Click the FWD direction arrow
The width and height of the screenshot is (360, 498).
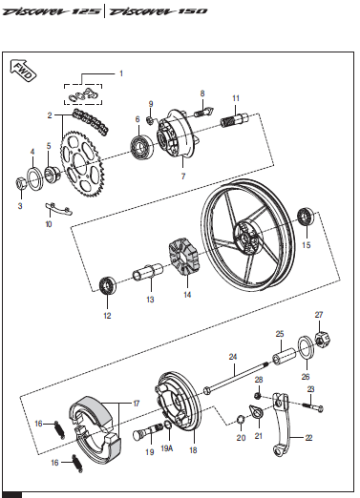coord(23,71)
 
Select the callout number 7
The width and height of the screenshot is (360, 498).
coord(183,176)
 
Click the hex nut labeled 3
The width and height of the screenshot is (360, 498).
coord(21,184)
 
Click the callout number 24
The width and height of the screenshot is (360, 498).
coord(233,357)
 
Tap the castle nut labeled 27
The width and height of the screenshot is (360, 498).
coord(324,340)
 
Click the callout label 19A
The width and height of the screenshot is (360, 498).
coord(167,448)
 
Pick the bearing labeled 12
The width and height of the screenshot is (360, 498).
coord(108,285)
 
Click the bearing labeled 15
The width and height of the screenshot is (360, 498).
coord(306,217)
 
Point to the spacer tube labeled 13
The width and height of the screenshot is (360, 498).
coord(148,272)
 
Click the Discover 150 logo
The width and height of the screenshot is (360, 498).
coord(159,11)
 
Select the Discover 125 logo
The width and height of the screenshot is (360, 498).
coord(52,11)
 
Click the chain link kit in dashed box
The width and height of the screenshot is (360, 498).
coord(83,94)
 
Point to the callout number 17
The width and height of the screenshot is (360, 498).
coord(137,404)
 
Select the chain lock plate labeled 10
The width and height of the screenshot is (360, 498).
coord(58,208)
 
